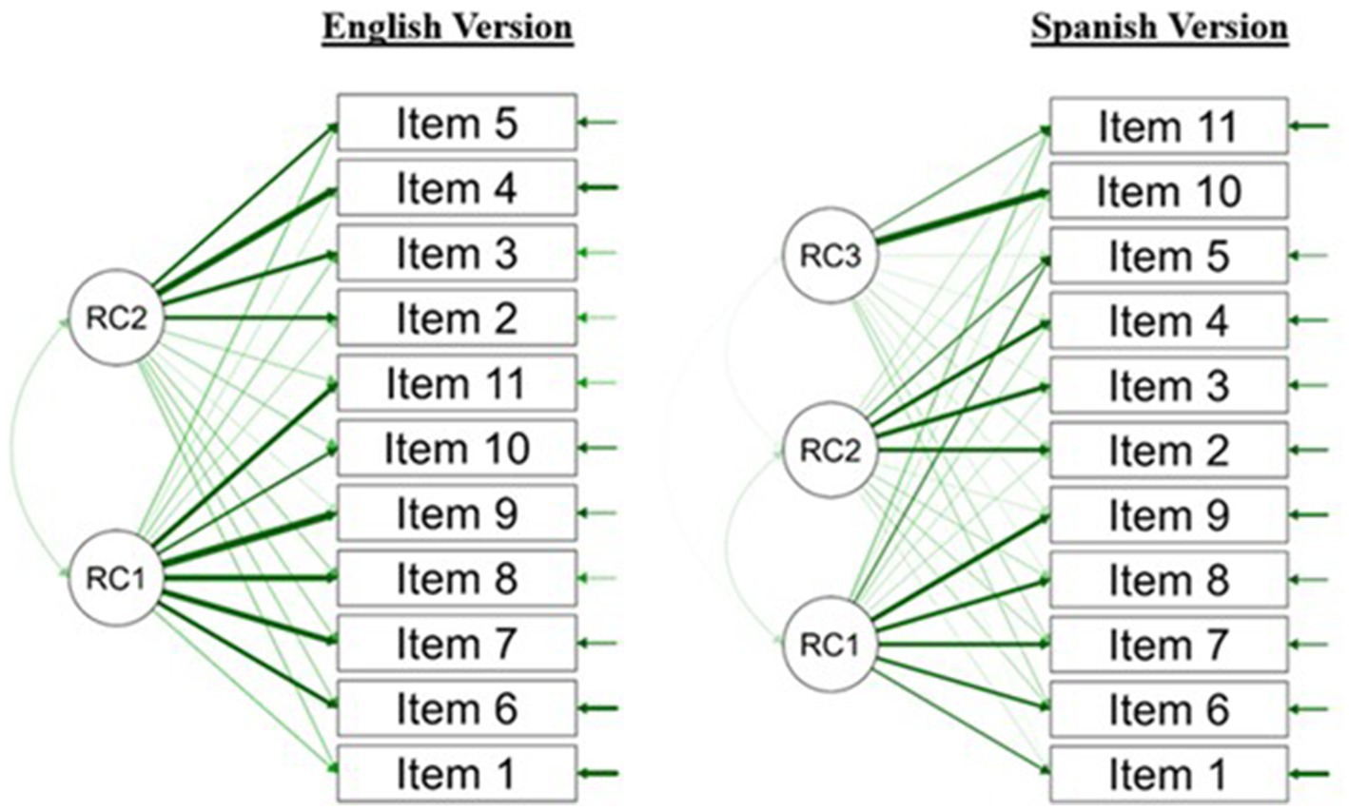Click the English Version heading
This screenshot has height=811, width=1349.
point(447,27)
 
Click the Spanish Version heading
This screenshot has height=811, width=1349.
point(1159,29)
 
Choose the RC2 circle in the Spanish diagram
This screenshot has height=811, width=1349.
point(829,451)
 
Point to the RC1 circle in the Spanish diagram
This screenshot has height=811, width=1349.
point(829,646)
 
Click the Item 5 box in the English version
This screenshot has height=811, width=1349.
point(457,123)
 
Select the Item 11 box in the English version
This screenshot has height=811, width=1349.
point(457,383)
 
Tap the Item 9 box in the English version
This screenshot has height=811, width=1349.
point(457,513)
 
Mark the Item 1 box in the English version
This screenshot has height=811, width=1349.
point(457,773)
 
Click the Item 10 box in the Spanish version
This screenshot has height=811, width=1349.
point(1168,191)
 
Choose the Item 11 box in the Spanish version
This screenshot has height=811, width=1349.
point(1168,126)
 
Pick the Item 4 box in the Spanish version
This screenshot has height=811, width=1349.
point(1168,321)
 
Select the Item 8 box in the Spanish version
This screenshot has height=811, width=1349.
point(1168,580)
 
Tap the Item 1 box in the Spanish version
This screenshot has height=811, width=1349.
point(1168,775)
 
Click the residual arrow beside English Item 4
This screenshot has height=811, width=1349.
point(599,187)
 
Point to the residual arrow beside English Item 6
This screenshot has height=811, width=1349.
point(599,707)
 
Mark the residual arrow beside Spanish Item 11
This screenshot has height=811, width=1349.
point(1310,126)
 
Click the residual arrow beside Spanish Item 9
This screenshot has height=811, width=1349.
point(1310,515)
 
